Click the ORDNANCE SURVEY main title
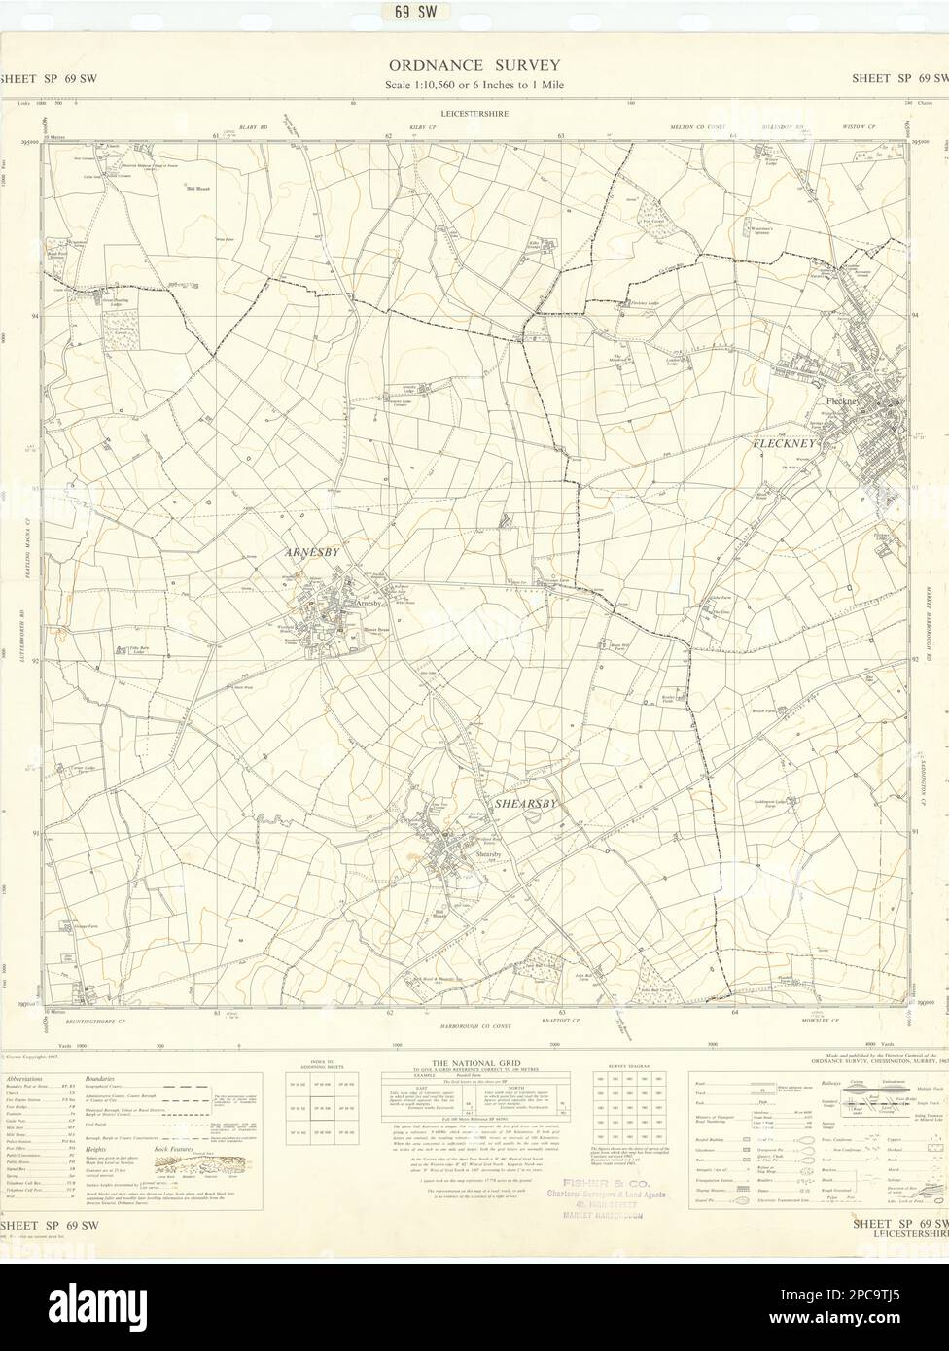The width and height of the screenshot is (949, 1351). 474,66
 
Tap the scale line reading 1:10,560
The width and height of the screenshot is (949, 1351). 474,85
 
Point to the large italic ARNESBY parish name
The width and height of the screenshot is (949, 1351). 312,552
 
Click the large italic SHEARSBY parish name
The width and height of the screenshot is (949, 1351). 526,804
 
